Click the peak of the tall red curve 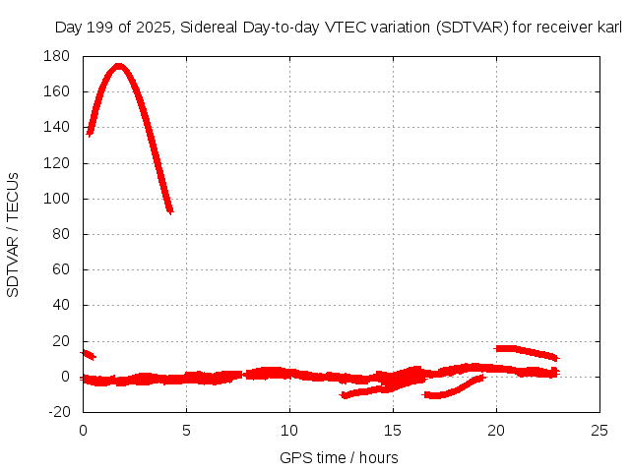click(x=119, y=66)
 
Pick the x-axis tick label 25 click(x=599, y=430)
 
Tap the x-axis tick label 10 click(x=289, y=430)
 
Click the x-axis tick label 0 click(x=83, y=430)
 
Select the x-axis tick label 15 click(x=393, y=430)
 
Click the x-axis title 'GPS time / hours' click(x=339, y=457)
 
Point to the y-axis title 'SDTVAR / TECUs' click(x=14, y=234)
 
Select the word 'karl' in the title click(x=608, y=27)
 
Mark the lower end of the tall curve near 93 click(x=169, y=208)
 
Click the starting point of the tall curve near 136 click(x=91, y=132)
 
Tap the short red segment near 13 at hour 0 click(x=88, y=354)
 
